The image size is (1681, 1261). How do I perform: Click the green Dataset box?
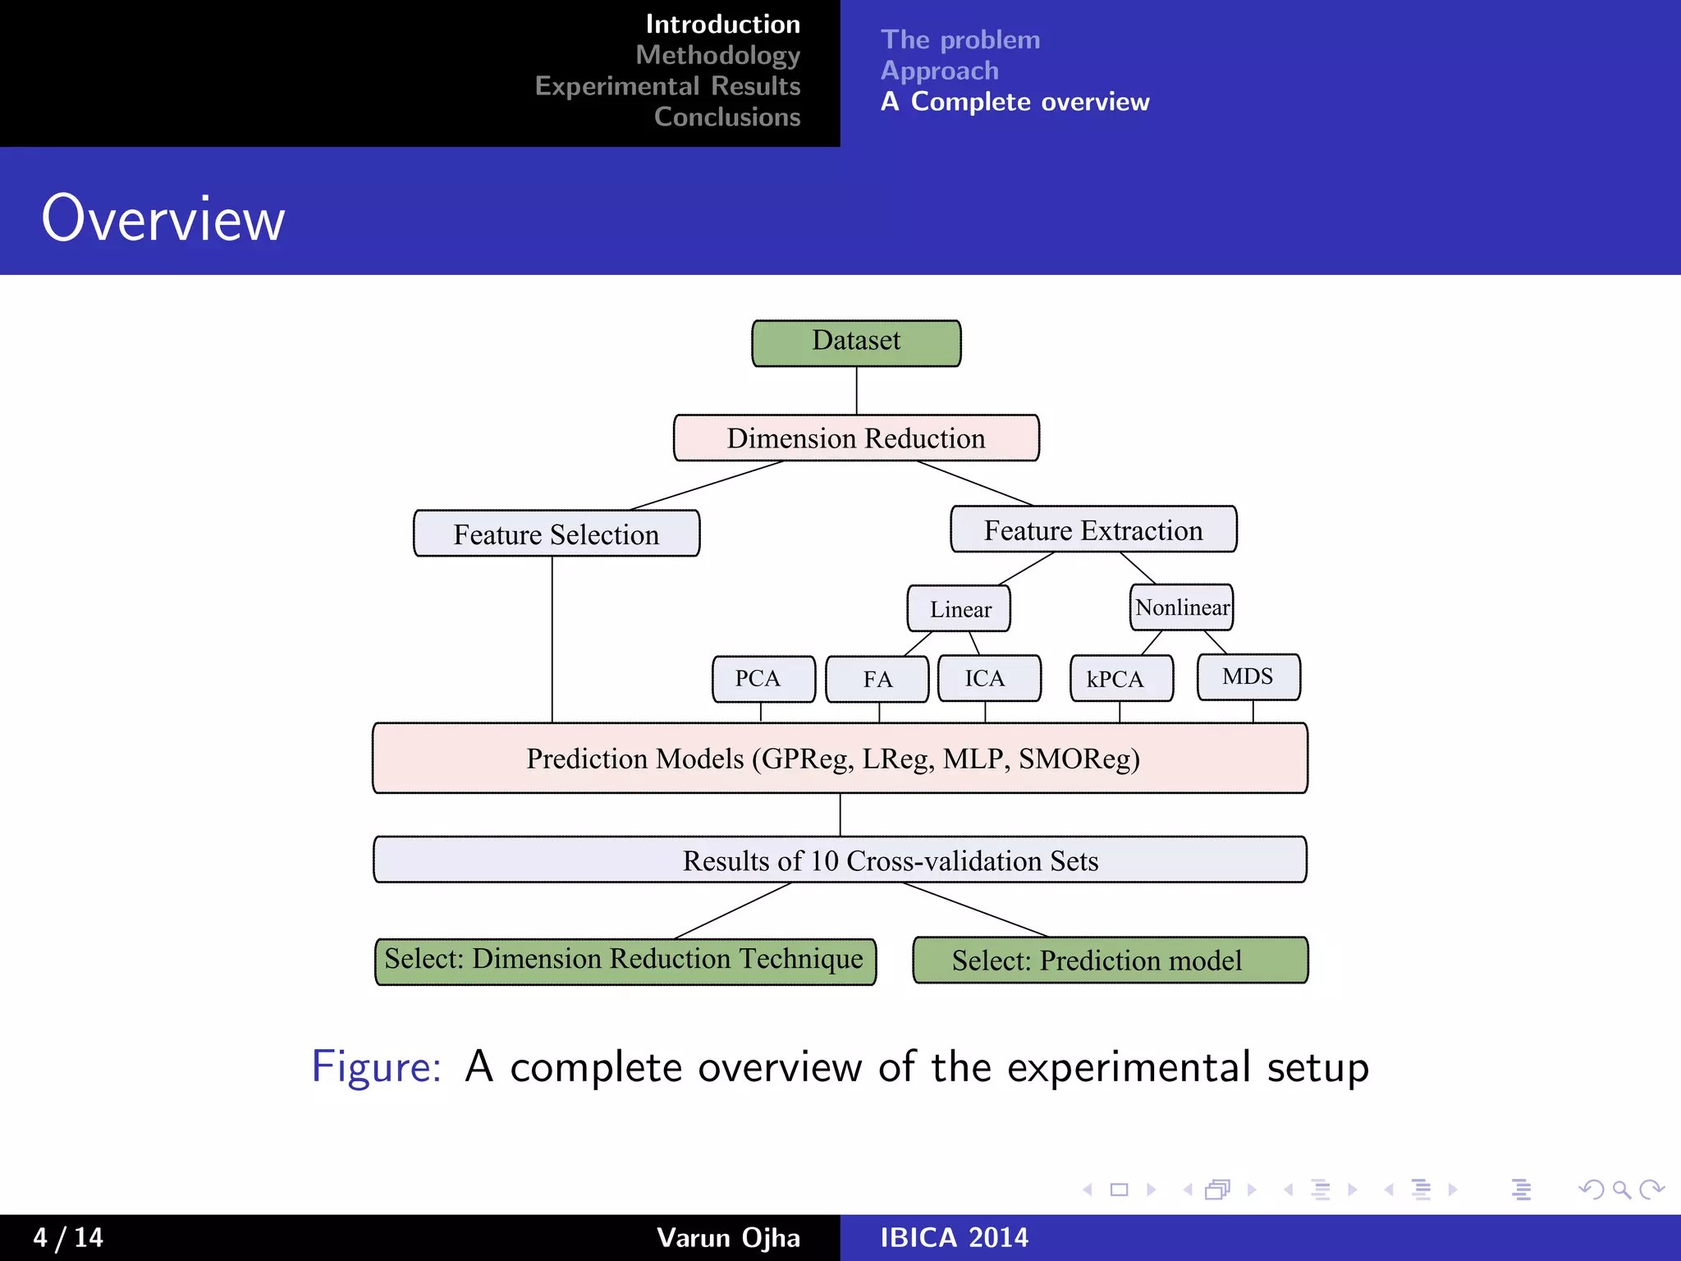coord(856,342)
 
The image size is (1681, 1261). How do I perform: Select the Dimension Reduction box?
coord(856,438)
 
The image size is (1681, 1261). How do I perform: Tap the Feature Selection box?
coord(557,534)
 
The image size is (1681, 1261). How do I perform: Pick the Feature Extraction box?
coord(1093,530)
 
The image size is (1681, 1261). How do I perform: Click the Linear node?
coord(960,608)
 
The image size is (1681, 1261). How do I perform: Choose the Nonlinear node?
coord(1182,608)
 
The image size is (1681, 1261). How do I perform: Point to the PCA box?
coord(763,679)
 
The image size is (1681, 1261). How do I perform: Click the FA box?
coord(877,679)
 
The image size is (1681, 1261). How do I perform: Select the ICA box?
coord(989,678)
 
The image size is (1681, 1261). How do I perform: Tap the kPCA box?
coord(1121,679)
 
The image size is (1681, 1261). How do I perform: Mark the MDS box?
coord(1248,676)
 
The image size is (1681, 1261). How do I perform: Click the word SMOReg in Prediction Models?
coord(1078,759)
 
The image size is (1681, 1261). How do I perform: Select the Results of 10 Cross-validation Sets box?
coord(840,860)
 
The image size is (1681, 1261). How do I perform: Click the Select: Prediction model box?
coord(1110,960)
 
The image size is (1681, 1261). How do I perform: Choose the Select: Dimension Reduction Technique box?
coord(625,960)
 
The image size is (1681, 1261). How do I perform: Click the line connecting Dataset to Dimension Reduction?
coord(856,391)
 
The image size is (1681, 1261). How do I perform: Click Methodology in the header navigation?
coord(717,55)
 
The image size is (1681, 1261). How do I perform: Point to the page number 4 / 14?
coord(68,1237)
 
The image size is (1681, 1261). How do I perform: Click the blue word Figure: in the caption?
coord(376,1066)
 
